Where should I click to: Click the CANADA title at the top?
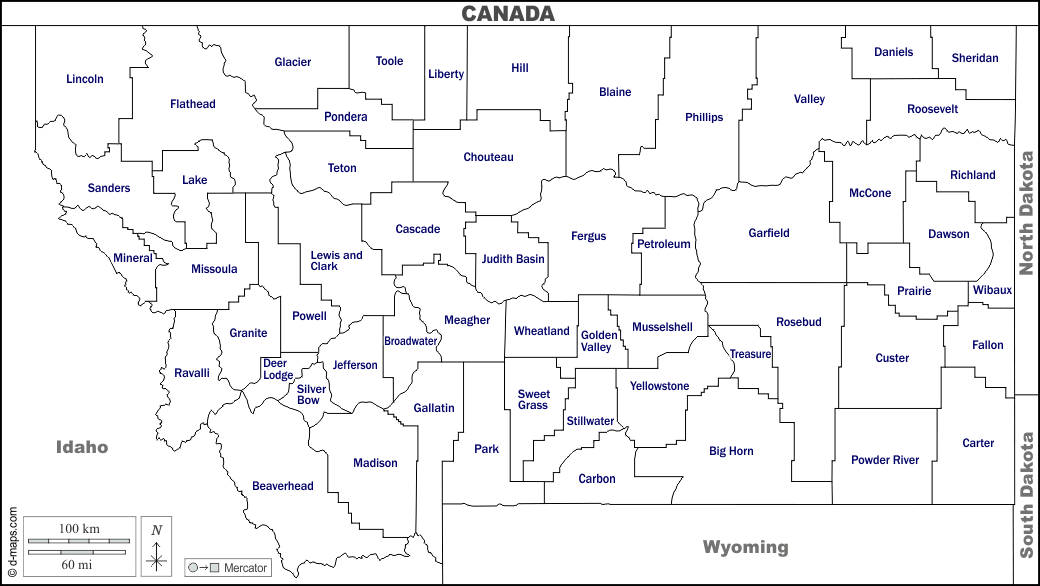click(507, 13)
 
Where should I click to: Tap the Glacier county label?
click(293, 62)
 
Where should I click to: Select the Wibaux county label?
click(992, 290)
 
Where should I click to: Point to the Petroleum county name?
click(664, 244)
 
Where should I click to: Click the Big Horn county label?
click(731, 451)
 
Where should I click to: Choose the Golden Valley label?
click(598, 341)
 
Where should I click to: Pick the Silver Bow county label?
click(311, 394)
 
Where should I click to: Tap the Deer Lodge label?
click(277, 369)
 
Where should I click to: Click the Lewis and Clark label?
click(336, 260)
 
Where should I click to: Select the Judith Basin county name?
click(513, 259)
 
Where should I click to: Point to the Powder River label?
click(885, 460)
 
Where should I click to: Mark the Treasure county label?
click(750, 354)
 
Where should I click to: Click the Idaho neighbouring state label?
click(82, 447)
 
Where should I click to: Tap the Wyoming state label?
click(745, 547)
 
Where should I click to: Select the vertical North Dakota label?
click(1026, 213)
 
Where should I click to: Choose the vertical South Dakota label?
click(1026, 494)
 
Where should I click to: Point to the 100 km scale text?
click(79, 527)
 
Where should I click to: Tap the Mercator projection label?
click(245, 568)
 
